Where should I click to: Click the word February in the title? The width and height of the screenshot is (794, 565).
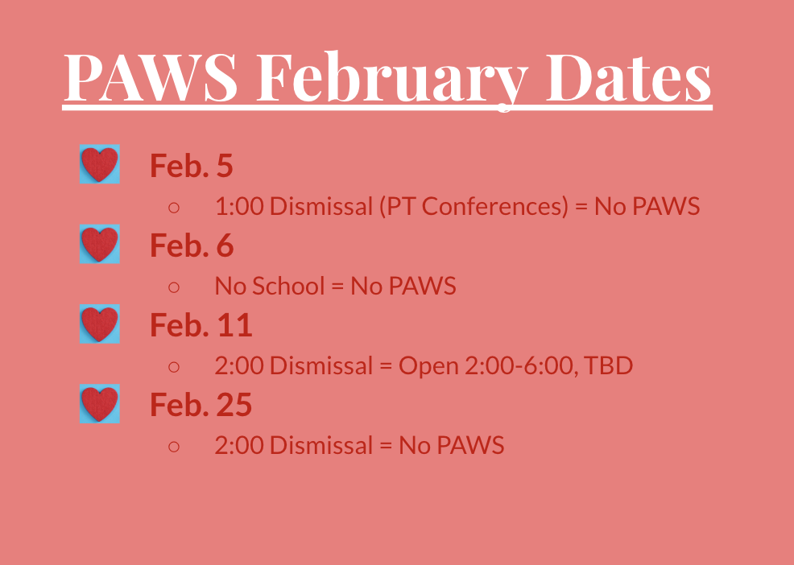tap(392, 79)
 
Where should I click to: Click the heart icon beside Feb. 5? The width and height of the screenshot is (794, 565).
tap(100, 164)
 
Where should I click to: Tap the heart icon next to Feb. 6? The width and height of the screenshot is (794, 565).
tap(100, 244)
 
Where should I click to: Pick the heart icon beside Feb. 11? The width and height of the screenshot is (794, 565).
tap(100, 324)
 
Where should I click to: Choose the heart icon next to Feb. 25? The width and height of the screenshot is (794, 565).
tap(100, 403)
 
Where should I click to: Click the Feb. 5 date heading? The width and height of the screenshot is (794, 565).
tap(192, 165)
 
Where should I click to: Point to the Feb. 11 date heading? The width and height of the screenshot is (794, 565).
tap(201, 325)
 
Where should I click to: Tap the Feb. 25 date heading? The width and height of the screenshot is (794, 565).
tap(201, 405)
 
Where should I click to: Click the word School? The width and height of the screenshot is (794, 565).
tap(288, 286)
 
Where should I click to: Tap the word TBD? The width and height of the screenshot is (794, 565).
tap(608, 365)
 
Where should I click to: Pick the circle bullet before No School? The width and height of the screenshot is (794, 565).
tap(174, 287)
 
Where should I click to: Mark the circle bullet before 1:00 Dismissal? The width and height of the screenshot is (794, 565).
tap(174, 208)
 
